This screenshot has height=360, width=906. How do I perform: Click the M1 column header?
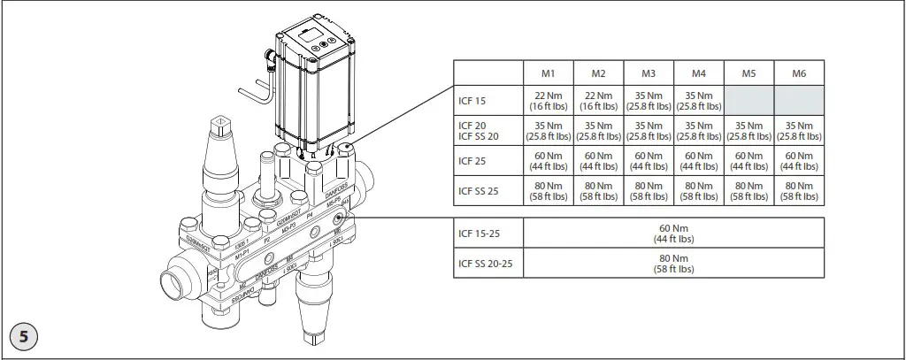coord(549,73)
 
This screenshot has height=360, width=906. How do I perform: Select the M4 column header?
coord(699,73)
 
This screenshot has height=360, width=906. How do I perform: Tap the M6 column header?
coord(799,73)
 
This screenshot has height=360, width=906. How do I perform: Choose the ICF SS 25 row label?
coord(477,190)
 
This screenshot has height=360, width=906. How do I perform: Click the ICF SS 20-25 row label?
coord(485,263)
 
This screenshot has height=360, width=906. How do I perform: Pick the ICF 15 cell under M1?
coord(549,101)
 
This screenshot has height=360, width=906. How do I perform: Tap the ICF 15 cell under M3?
coord(649,101)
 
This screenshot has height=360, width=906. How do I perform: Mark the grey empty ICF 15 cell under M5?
coord(749,101)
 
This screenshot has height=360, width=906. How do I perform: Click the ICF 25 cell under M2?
coord(599,162)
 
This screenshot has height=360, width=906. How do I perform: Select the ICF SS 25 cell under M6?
coord(799,191)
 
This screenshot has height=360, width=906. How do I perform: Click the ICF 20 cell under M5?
coord(749,131)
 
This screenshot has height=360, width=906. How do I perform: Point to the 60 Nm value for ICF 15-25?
coord(674,234)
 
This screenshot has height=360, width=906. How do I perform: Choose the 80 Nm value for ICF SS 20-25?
coord(674,263)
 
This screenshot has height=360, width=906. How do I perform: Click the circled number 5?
coord(24,338)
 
